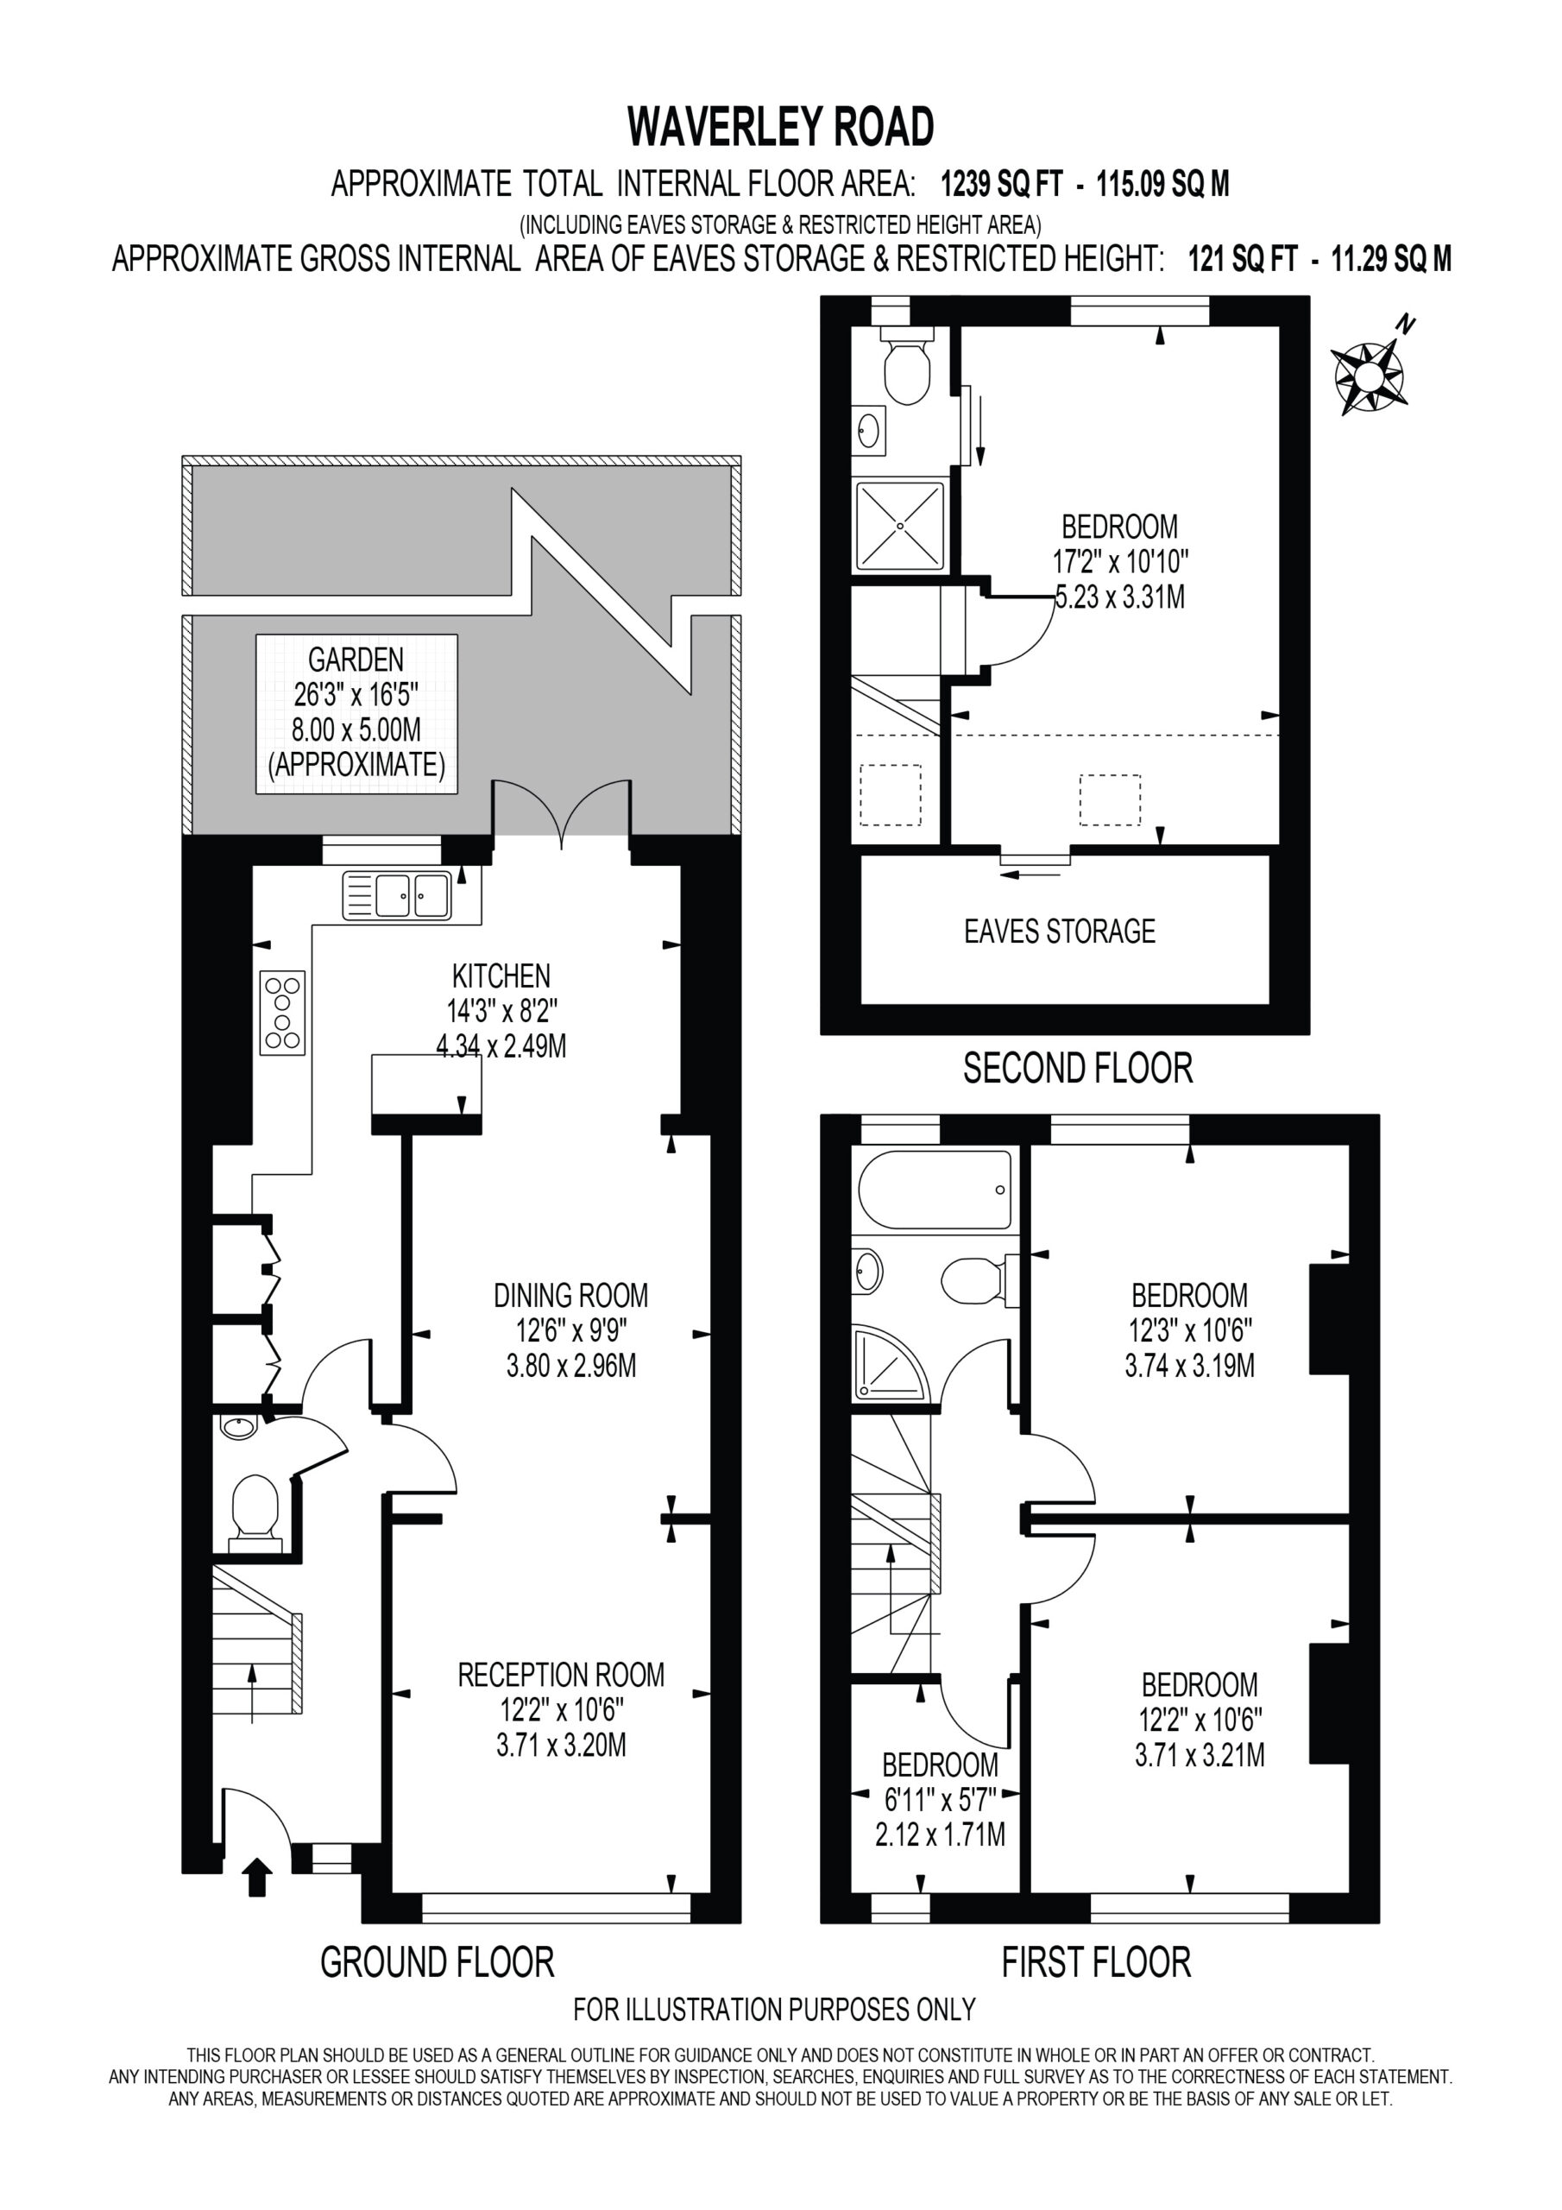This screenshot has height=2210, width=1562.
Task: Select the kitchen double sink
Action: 396,895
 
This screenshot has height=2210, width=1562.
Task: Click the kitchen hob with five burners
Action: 283,1013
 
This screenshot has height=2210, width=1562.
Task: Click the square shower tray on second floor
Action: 901,526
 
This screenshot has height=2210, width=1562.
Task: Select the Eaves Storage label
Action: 1060,931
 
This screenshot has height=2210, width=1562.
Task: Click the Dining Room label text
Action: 570,1295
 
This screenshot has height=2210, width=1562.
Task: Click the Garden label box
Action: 356,713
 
